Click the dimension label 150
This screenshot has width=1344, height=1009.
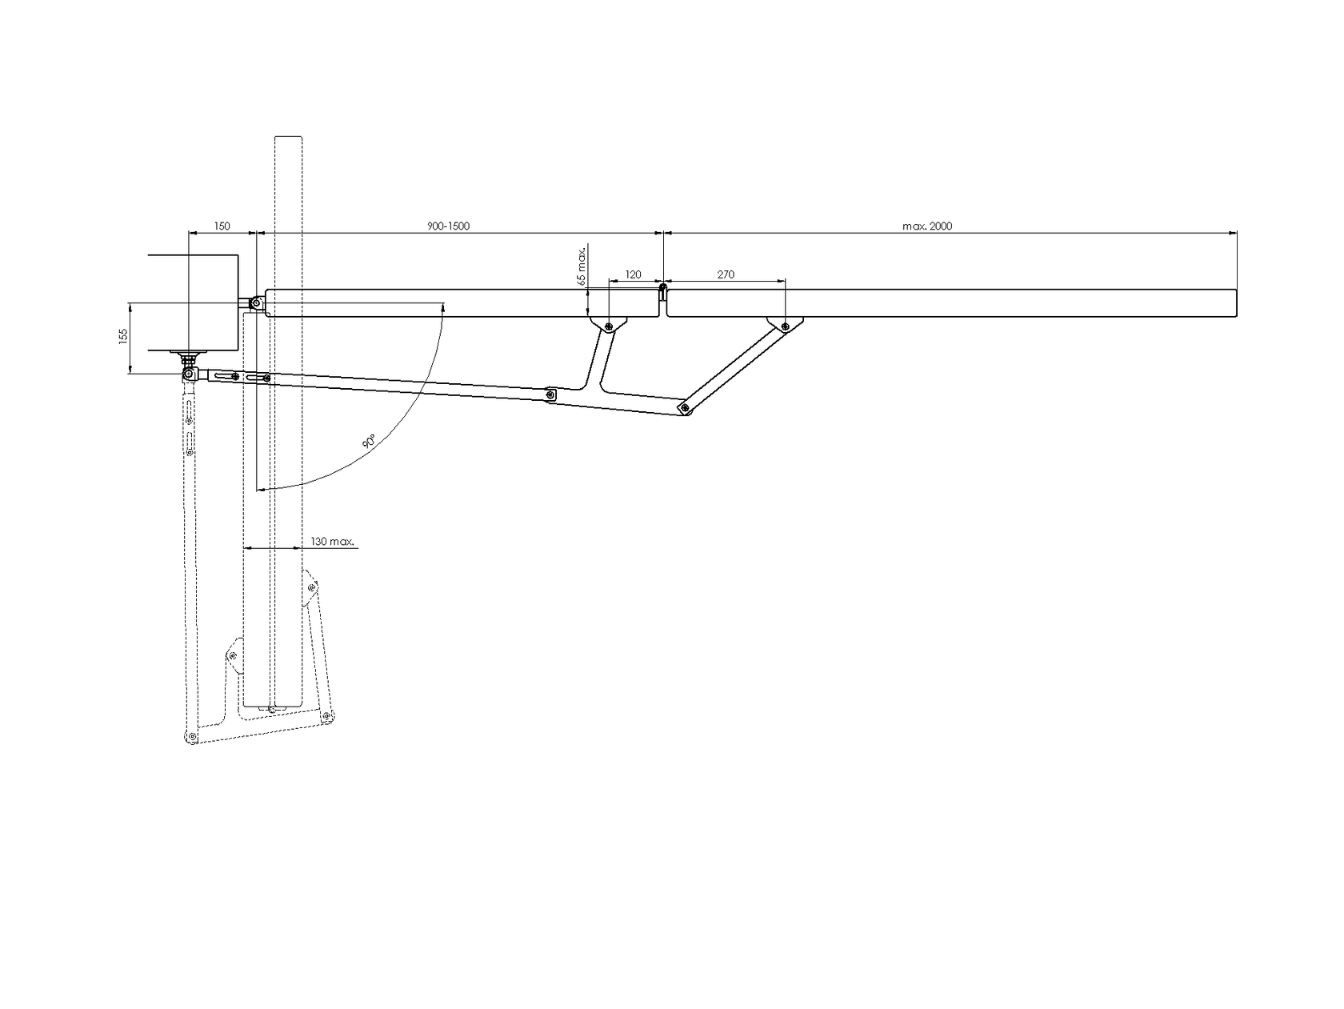(x=222, y=226)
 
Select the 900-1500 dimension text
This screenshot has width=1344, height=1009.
(x=449, y=226)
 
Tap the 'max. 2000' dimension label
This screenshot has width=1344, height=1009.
(x=927, y=226)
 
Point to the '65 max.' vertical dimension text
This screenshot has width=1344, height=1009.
(x=582, y=266)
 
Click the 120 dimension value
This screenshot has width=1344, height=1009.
(x=633, y=274)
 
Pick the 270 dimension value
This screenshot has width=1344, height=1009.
(x=726, y=274)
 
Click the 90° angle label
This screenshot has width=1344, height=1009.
(x=369, y=441)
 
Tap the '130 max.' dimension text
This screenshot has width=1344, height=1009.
(x=332, y=542)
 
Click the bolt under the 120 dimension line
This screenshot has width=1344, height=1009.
(x=609, y=326)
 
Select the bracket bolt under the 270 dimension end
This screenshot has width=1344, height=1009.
(x=786, y=326)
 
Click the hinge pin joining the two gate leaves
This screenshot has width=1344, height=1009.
(x=664, y=286)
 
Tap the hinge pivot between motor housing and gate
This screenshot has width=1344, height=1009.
(x=254, y=303)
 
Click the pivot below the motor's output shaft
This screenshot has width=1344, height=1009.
(x=189, y=374)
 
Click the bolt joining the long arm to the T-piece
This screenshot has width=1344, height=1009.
(x=550, y=394)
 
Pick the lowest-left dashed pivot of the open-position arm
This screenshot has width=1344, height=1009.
(x=190, y=736)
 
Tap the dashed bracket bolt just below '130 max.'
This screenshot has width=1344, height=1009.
(x=311, y=588)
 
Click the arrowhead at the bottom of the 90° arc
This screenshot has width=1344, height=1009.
(x=260, y=487)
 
